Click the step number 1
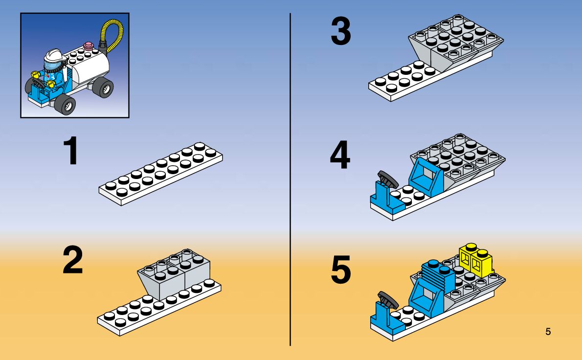71,152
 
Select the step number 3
341,32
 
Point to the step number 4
340,156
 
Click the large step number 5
341,270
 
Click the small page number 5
548,332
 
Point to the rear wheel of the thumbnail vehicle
103,88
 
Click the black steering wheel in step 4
387,179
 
